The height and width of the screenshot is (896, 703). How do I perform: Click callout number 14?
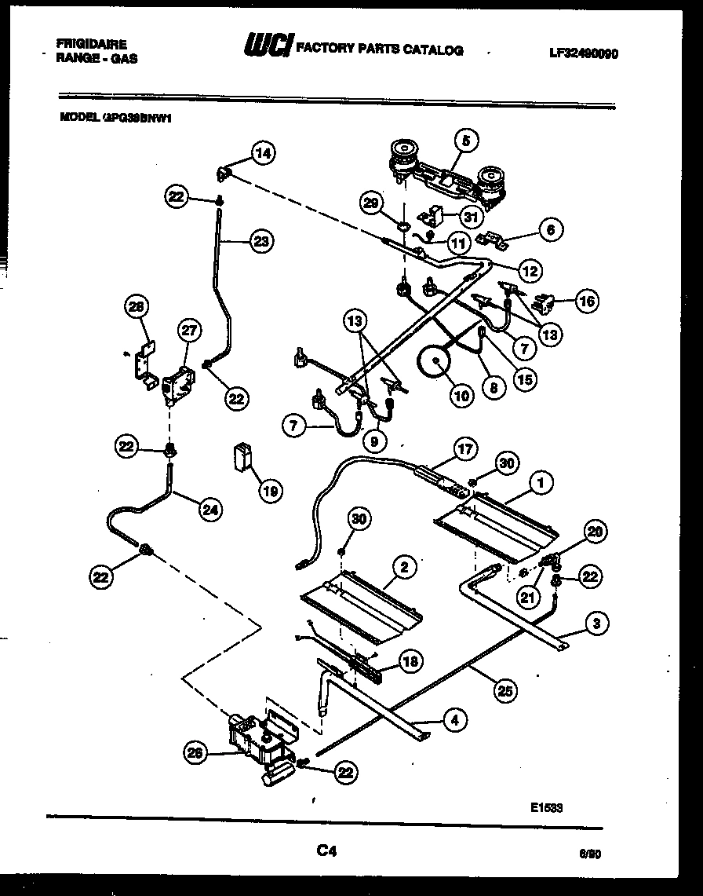pyautogui.click(x=264, y=154)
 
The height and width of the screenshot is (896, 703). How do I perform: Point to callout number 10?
pyautogui.click(x=462, y=396)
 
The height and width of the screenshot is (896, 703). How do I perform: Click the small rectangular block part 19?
pyautogui.click(x=242, y=456)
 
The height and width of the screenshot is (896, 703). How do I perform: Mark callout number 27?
pyautogui.click(x=188, y=331)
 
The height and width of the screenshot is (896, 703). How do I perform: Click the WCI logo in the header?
pyautogui.click(x=268, y=49)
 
